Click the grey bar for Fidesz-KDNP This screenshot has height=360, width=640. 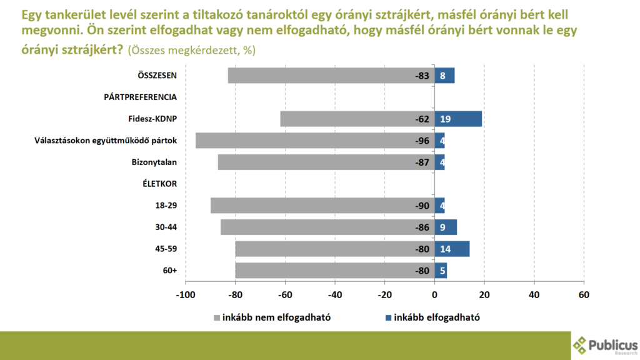[357, 119]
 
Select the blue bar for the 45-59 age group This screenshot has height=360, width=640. [452, 249]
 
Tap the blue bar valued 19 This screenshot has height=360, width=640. [458, 119]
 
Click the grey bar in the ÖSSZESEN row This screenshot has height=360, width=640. [331, 76]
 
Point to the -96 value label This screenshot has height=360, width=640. [422, 141]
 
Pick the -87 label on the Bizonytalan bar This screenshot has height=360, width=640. [422, 162]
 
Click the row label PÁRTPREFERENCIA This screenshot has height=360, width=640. [140, 97]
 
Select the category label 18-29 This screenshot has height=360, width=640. [166, 206]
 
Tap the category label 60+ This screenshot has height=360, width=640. [170, 271]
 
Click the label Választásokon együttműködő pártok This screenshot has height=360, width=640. [106, 141]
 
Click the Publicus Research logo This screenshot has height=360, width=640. [604, 345]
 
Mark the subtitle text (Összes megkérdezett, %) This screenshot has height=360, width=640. [191, 50]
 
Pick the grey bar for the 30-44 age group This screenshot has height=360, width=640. [327, 227]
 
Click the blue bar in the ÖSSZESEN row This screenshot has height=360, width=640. [444, 76]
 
